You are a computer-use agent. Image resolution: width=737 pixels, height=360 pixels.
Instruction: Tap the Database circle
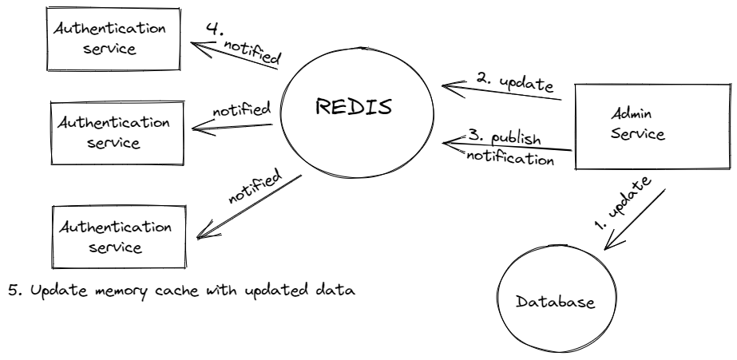click(554, 303)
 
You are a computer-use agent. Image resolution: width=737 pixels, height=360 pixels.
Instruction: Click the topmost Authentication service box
click(109, 38)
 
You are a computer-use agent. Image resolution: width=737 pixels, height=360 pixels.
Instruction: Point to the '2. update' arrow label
click(516, 82)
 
